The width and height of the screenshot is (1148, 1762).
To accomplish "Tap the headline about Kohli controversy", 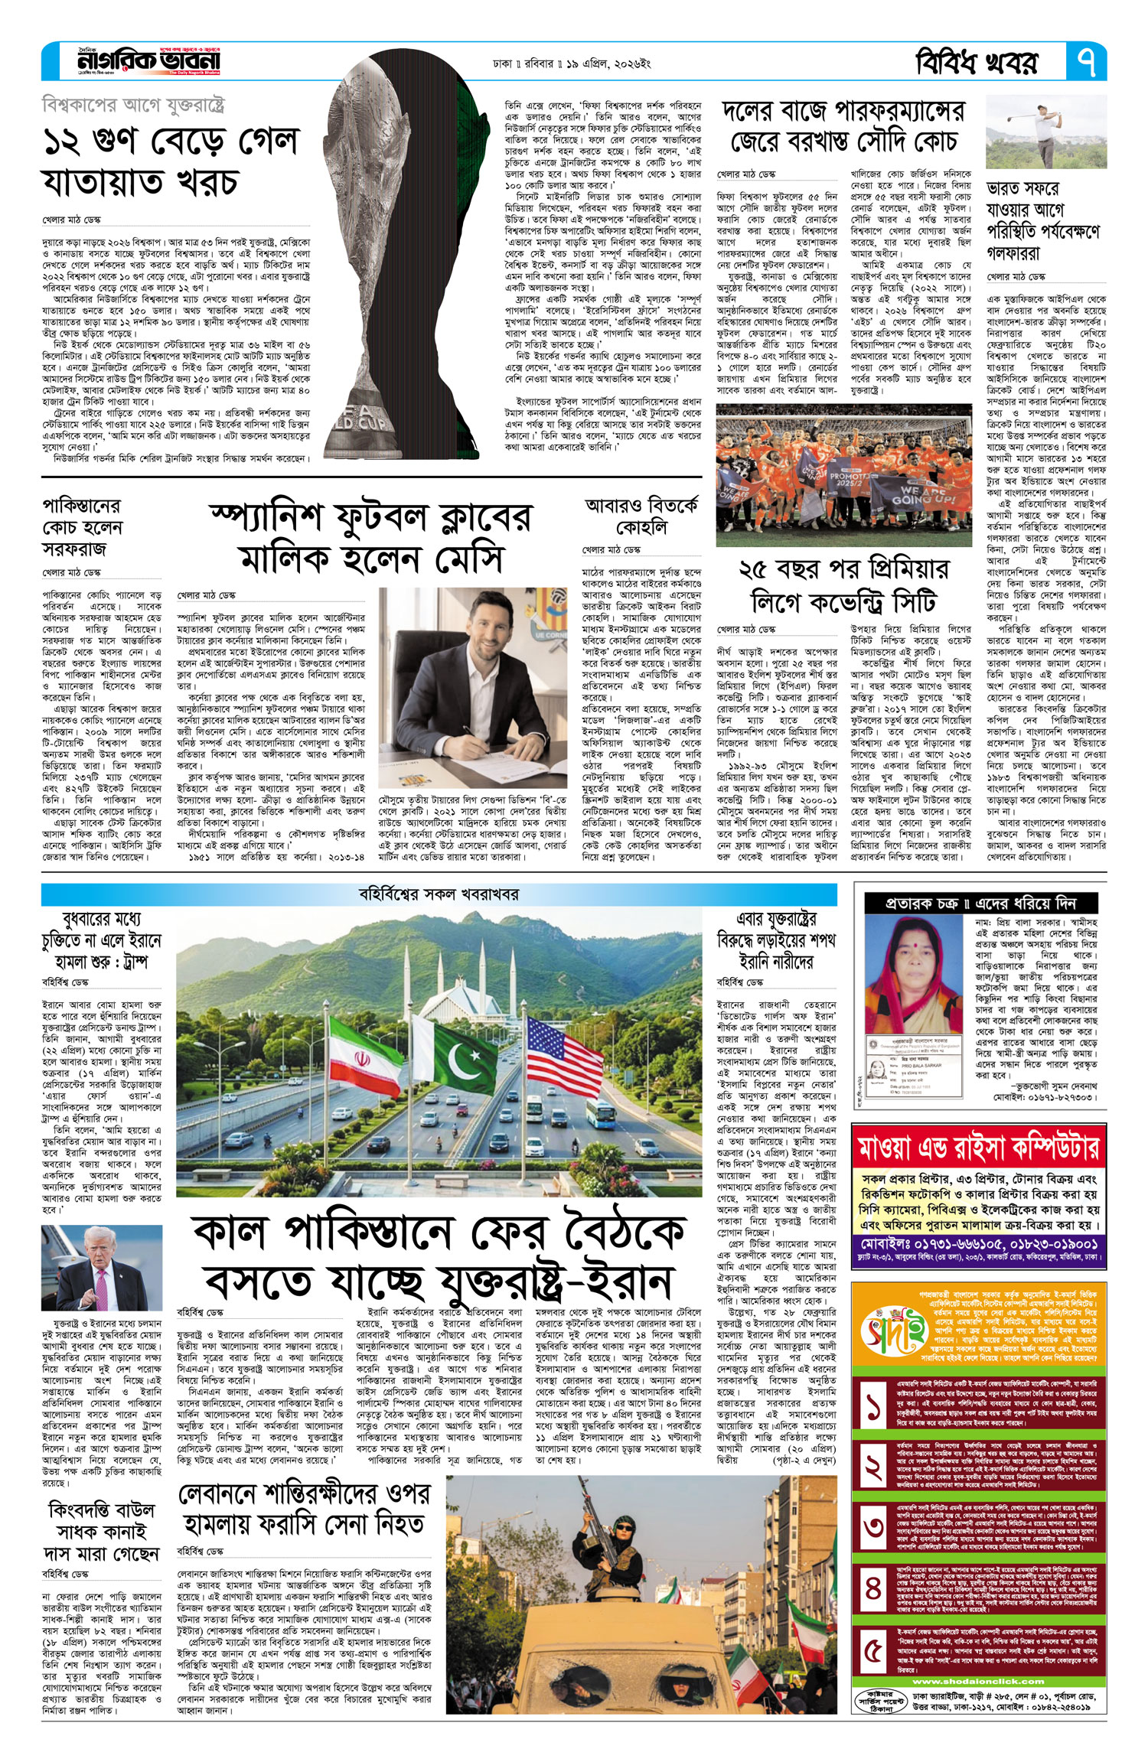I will tap(641, 517).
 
